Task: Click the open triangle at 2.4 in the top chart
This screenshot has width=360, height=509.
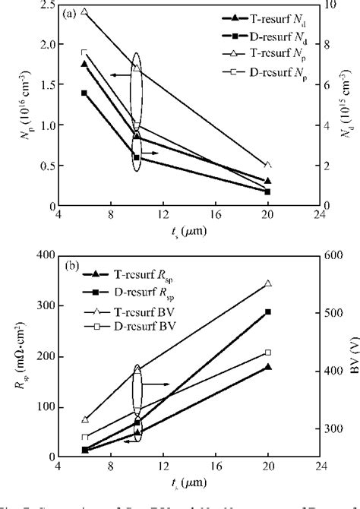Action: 84,12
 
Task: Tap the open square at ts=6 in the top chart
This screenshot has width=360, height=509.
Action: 84,52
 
